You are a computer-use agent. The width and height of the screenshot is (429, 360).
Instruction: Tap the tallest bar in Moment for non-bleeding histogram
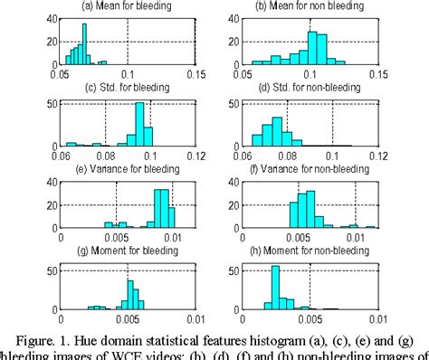(x=275, y=289)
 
